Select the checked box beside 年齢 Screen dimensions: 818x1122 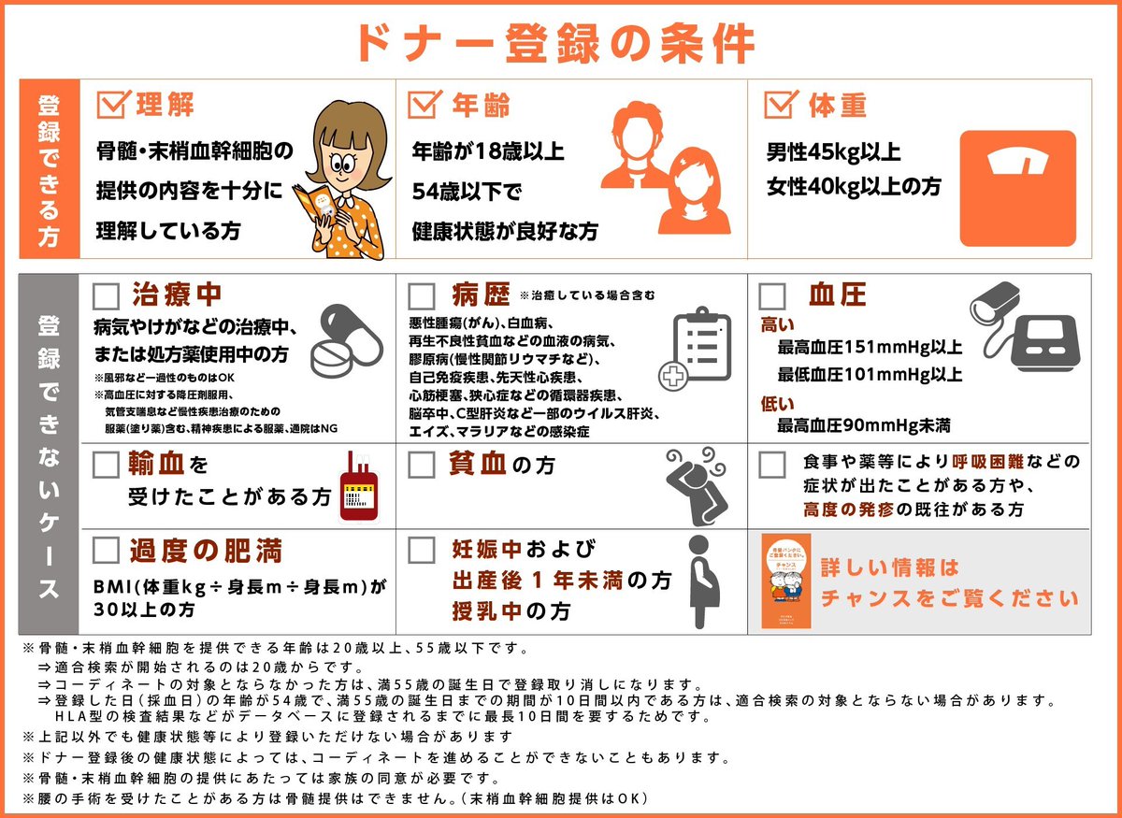pyautogui.click(x=424, y=104)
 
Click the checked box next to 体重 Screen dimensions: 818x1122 pyautogui.click(x=780, y=104)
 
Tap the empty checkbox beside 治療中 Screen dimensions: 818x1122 pyautogui.click(x=107, y=297)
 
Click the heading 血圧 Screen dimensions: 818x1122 pyautogui.click(x=838, y=296)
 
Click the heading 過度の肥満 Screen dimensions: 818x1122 pyautogui.click(x=206, y=551)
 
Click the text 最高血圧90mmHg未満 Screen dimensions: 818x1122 pyautogui.click(x=864, y=425)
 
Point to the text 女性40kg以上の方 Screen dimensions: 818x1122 pyautogui.click(x=854, y=187)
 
